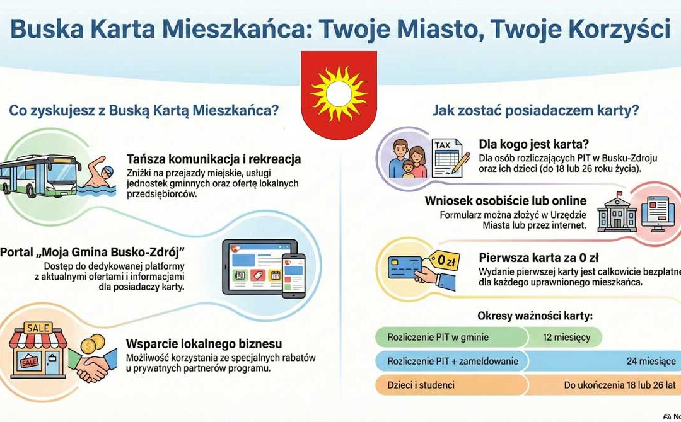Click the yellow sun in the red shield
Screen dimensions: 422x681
coord(339,93)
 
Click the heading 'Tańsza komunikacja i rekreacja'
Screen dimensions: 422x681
coord(213,158)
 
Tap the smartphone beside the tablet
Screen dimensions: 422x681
coord(293,275)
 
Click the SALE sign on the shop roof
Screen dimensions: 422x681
coord(38,328)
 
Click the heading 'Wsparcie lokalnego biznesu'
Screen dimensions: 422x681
coord(204,344)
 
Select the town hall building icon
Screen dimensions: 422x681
coord(617,212)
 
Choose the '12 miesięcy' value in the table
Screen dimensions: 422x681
coord(566,338)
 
